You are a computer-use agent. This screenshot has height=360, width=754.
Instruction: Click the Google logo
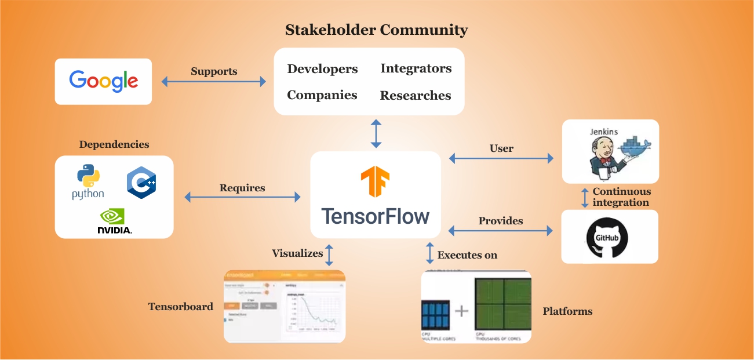(x=103, y=81)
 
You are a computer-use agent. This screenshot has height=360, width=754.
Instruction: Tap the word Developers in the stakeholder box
(x=322, y=69)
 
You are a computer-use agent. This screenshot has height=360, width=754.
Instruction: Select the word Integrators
(x=416, y=68)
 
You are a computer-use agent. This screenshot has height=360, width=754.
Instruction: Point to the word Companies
(x=322, y=95)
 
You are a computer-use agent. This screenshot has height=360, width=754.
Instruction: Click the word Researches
(x=415, y=96)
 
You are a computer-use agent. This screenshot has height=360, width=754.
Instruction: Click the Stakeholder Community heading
(x=376, y=30)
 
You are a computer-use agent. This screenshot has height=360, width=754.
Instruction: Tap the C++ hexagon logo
(x=141, y=183)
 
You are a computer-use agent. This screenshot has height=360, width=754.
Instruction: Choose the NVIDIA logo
(x=115, y=221)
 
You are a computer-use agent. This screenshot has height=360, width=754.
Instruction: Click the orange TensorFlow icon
(x=375, y=181)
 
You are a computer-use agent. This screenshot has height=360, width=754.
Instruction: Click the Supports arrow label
(x=214, y=71)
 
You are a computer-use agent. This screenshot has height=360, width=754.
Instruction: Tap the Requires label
(x=242, y=188)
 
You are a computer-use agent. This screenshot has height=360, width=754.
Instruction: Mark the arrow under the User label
(x=501, y=158)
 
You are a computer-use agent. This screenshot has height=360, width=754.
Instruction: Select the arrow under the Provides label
(x=501, y=231)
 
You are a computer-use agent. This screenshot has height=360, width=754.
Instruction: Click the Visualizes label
(x=297, y=253)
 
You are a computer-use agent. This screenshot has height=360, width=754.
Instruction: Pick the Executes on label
(x=467, y=254)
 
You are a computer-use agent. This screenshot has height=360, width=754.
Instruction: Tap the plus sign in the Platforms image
(x=461, y=311)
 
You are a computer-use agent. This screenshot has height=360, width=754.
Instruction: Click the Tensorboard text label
(x=181, y=307)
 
